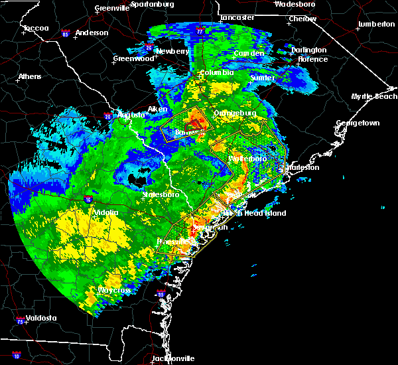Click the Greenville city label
point(111,8)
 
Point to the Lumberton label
point(376,24)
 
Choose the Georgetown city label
point(358,123)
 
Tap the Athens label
point(29,76)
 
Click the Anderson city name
point(92,33)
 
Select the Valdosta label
point(38,318)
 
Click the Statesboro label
point(162,194)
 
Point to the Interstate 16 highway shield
point(88,198)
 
